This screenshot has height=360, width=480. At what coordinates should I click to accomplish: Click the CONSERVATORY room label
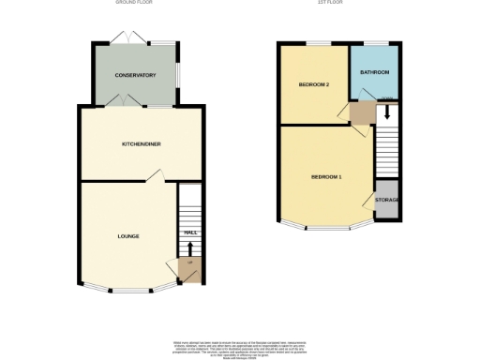point(135,75)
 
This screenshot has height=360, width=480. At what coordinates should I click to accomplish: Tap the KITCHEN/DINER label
point(141,143)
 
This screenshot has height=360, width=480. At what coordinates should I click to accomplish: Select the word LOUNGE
point(128,235)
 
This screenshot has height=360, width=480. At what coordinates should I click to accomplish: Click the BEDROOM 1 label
point(327,177)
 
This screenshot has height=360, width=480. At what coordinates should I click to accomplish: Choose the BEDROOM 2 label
point(314,84)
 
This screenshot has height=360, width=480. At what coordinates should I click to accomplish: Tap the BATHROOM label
point(375,72)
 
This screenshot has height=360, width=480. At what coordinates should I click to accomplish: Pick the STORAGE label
point(387,201)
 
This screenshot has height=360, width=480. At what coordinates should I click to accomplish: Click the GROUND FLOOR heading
point(134,4)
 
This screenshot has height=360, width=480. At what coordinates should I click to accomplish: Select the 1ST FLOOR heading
point(341,4)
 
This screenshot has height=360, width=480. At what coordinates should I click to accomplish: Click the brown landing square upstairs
point(361,112)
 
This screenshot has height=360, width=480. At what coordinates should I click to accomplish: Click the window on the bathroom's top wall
point(376,43)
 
